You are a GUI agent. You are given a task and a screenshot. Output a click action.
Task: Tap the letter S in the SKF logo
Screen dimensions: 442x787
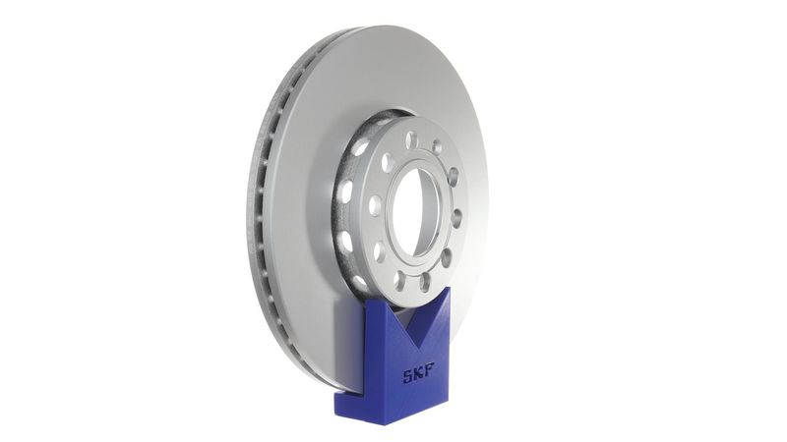405,374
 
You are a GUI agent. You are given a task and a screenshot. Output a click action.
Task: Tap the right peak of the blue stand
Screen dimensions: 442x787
445,288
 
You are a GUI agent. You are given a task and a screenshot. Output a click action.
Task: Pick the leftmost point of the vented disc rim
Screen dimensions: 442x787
247,211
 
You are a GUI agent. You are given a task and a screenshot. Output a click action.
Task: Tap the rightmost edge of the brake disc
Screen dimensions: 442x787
488,196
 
